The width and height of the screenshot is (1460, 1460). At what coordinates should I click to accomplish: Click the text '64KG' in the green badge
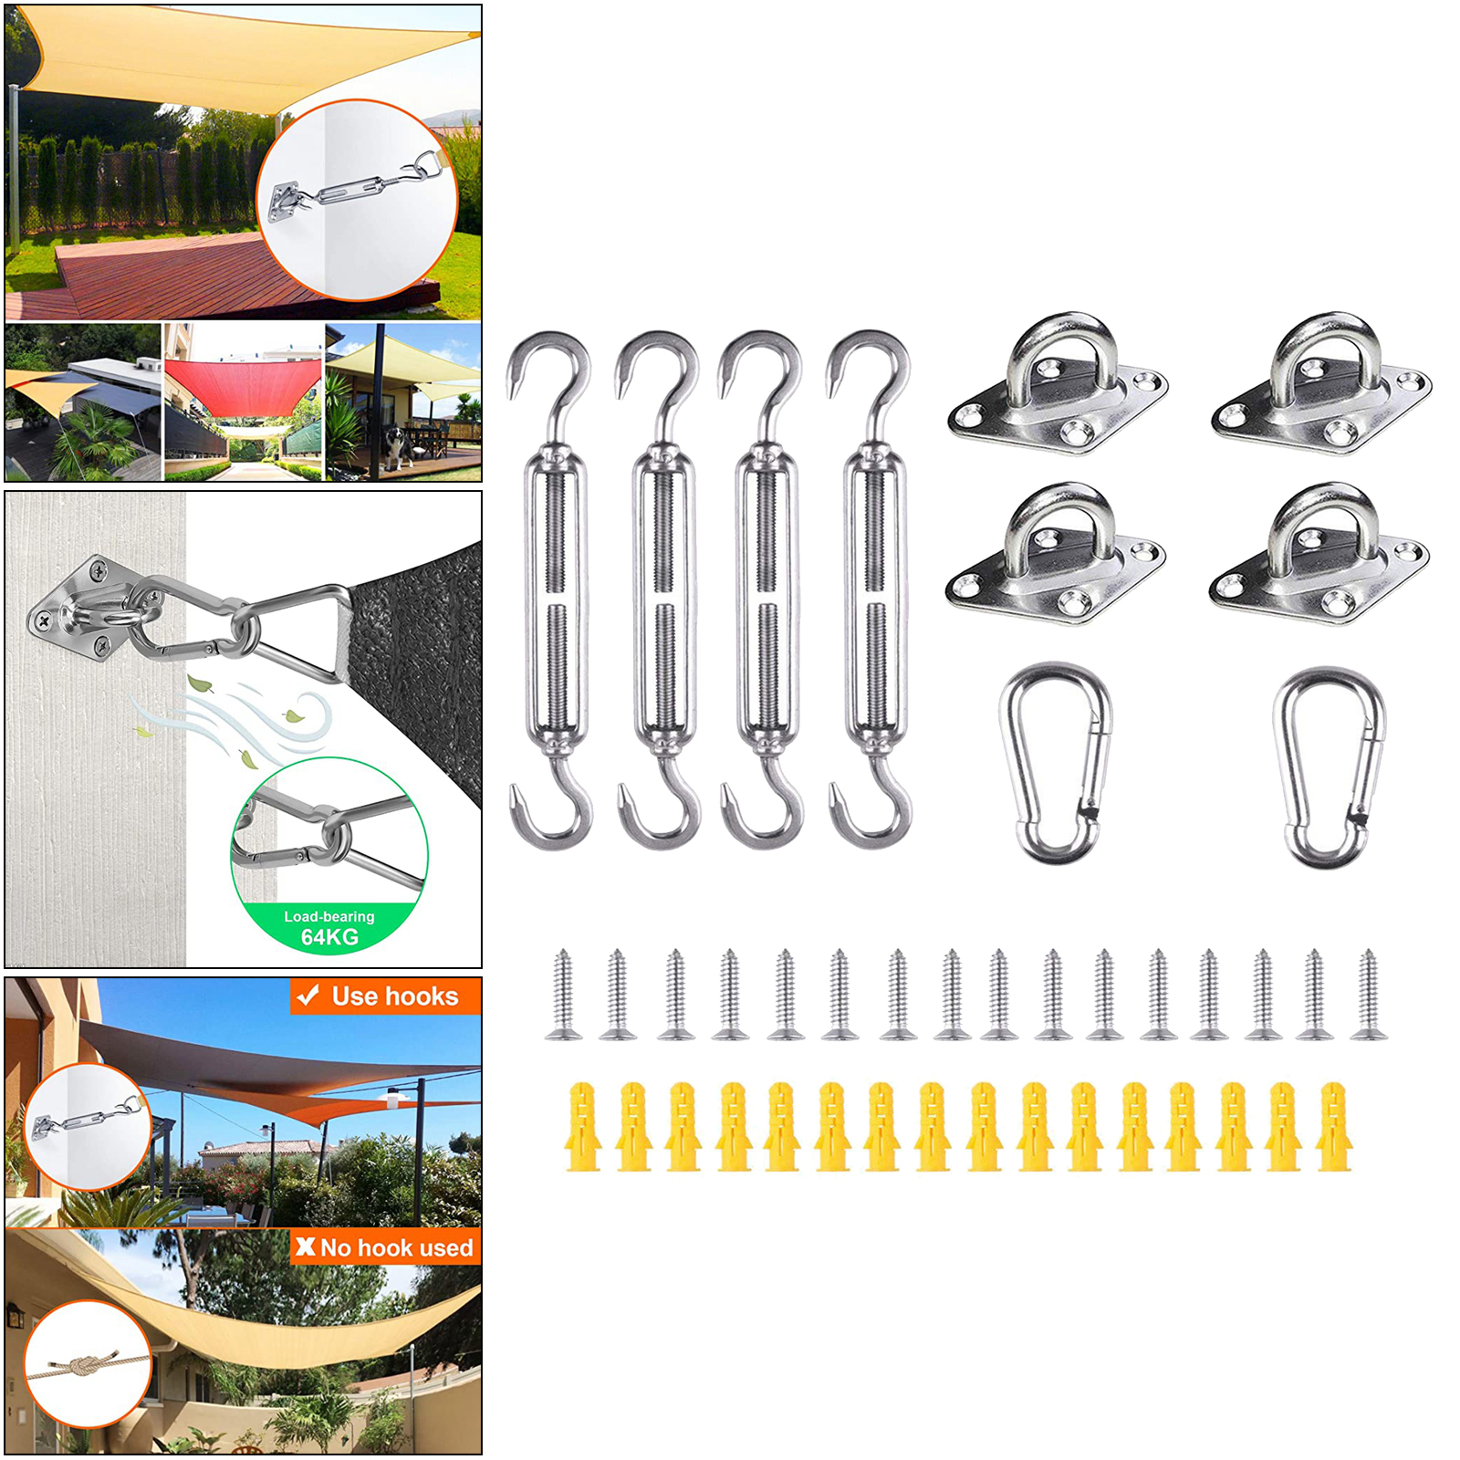329,937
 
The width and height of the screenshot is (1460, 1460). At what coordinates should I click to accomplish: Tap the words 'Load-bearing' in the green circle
329,916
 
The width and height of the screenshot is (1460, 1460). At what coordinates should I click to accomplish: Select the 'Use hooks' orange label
386,996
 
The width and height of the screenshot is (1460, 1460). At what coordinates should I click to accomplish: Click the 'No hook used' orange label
386,1247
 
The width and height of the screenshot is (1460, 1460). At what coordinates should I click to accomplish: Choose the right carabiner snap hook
1330,766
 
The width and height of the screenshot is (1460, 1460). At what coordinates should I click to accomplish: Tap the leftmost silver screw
563,995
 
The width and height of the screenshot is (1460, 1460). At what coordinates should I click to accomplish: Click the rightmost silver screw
1368,995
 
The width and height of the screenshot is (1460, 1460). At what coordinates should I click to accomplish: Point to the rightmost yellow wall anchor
1333,1127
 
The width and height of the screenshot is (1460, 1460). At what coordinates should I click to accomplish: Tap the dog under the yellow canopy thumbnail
396,447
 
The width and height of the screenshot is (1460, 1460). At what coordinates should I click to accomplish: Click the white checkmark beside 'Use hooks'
308,996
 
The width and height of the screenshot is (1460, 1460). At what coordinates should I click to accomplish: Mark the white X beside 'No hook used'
306,1246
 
